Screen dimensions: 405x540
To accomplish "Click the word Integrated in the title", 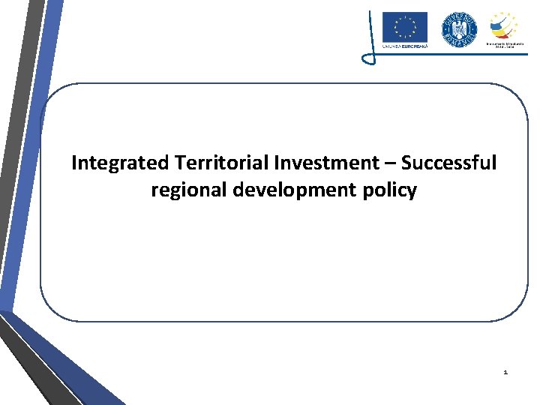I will (120, 163).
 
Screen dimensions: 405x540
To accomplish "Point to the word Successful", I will (448, 163).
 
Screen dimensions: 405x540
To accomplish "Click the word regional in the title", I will (189, 190).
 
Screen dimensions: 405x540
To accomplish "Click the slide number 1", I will (505, 372).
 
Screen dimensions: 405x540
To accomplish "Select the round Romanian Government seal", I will (458, 30).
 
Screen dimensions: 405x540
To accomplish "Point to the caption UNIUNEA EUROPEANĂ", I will (404, 46).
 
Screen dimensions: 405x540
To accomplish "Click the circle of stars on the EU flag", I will (404, 27).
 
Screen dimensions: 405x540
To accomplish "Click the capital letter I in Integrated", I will (74, 163).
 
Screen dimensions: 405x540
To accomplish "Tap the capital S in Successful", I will (406, 163).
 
